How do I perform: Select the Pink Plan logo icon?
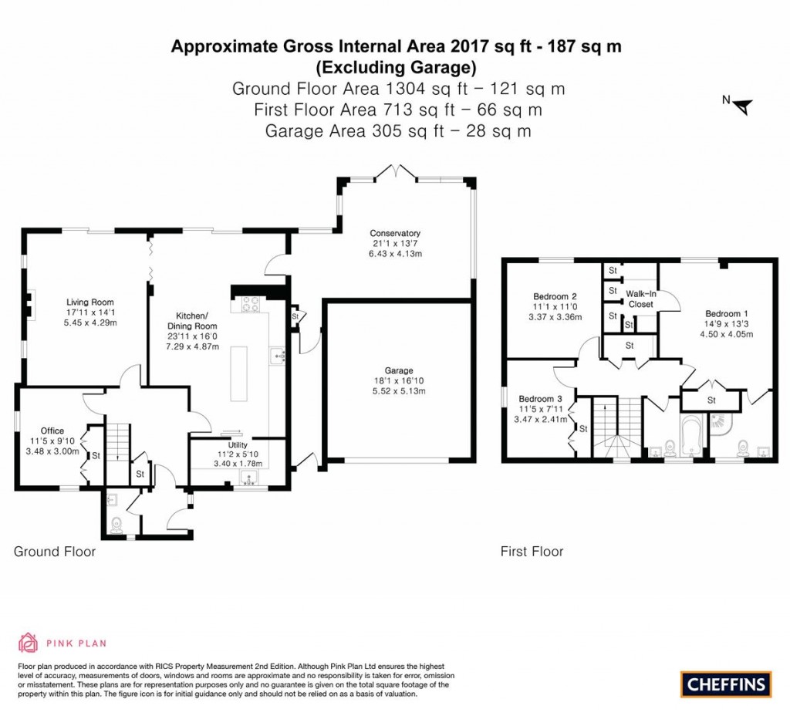click(27, 642)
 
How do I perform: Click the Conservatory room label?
click(394, 233)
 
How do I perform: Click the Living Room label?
click(90, 302)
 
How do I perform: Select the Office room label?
click(53, 431)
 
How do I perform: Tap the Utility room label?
click(237, 445)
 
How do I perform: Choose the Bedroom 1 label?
click(726, 313)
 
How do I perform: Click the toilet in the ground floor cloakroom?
click(116, 523)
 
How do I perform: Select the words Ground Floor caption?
click(55, 552)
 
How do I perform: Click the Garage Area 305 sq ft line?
click(398, 131)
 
